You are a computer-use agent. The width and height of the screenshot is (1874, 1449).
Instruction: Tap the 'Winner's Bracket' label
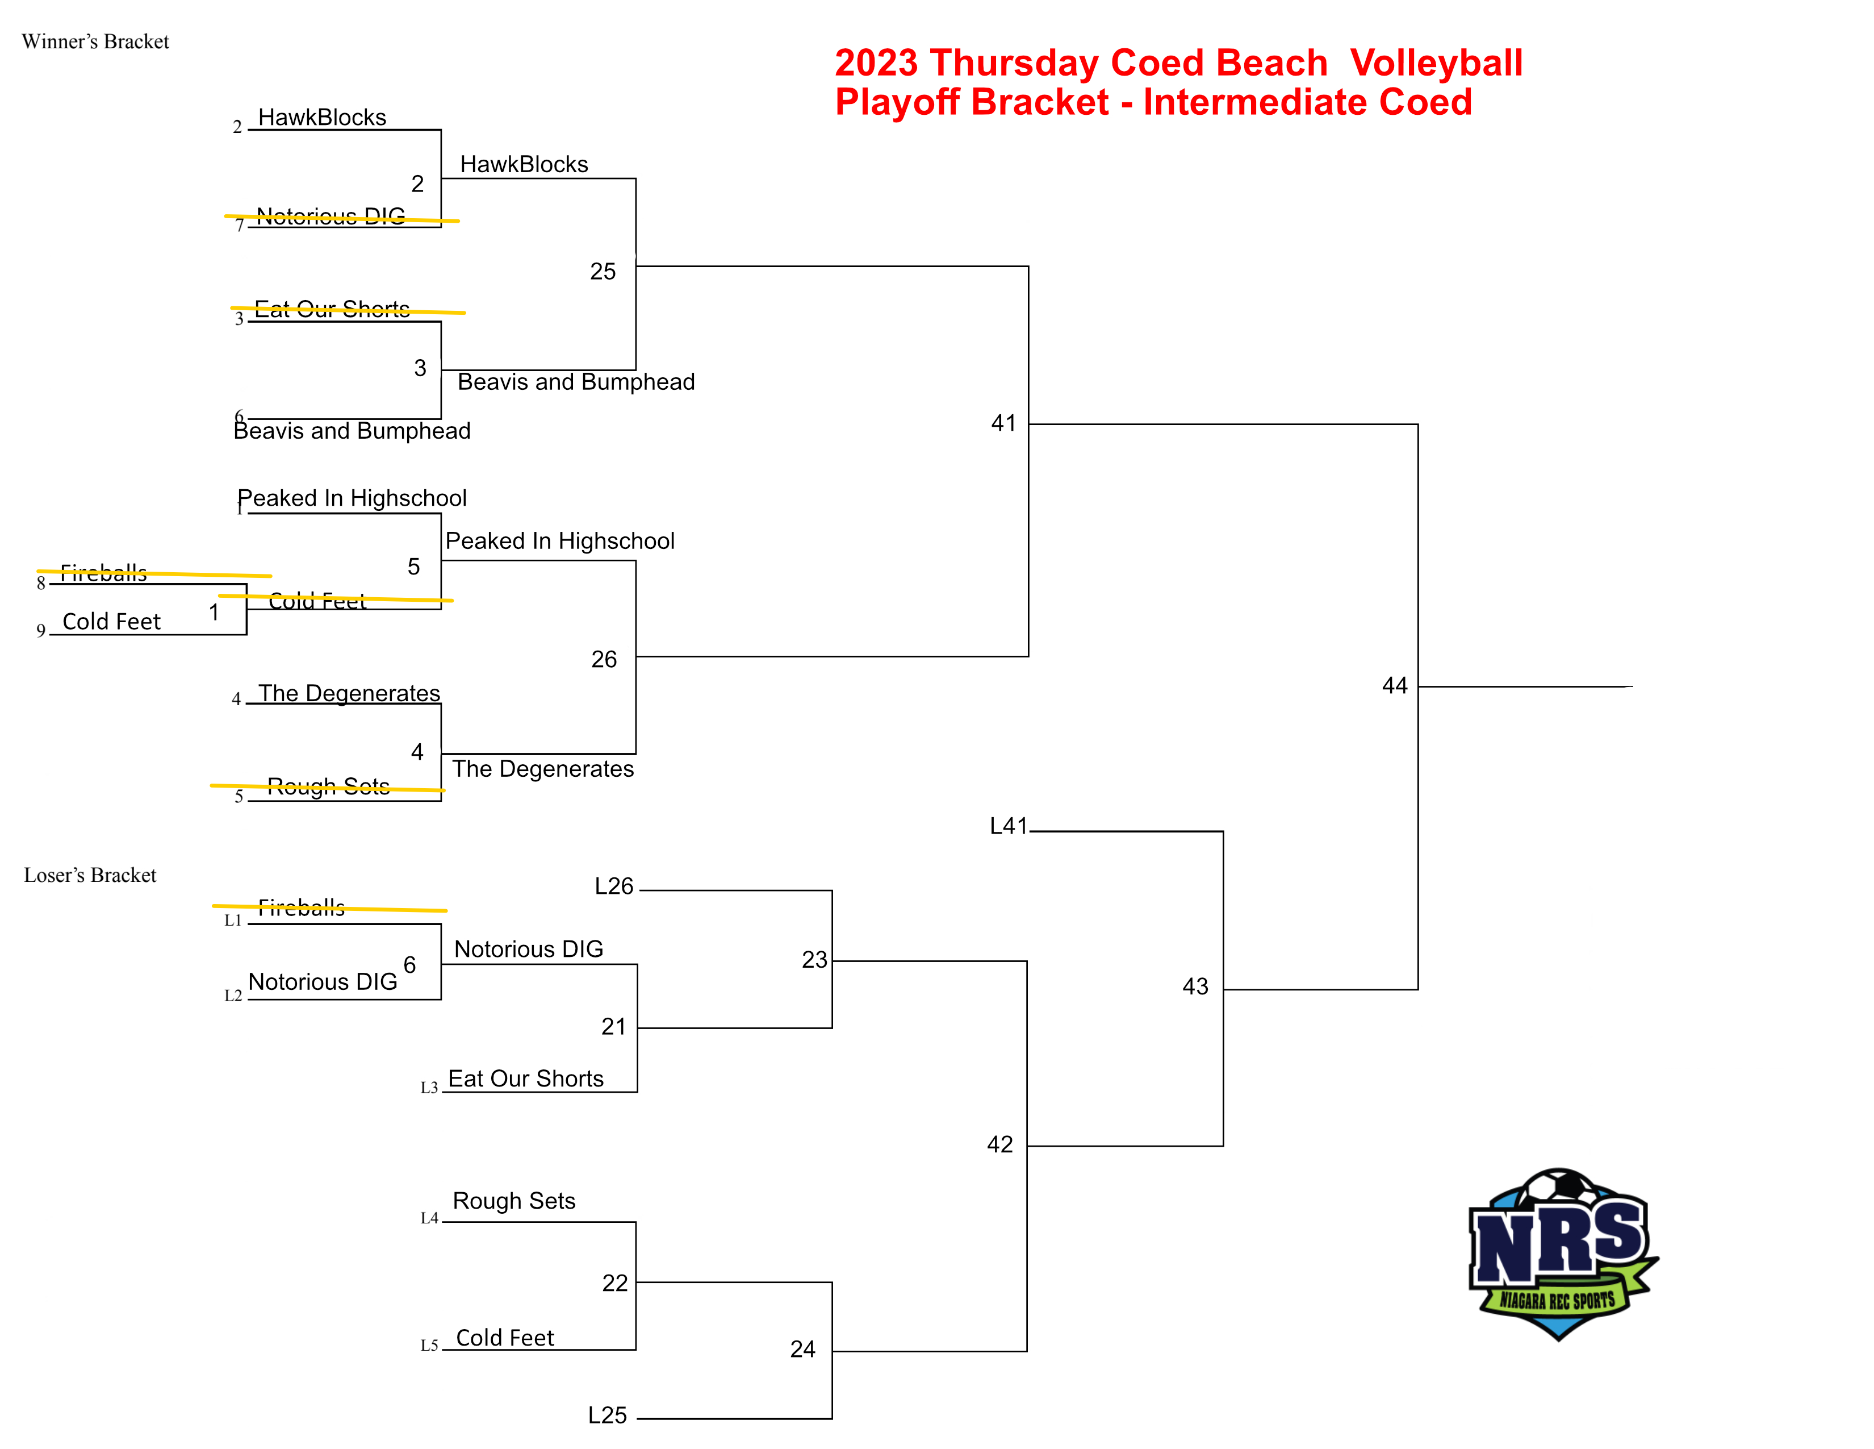[x=95, y=41]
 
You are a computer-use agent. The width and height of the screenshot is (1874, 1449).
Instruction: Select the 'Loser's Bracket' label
[x=90, y=875]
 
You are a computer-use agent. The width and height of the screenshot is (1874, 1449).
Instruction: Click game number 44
[x=1394, y=685]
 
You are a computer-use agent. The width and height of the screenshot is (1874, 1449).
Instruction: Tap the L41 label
[x=1008, y=826]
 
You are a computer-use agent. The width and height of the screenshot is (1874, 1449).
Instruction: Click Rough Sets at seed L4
[x=513, y=1201]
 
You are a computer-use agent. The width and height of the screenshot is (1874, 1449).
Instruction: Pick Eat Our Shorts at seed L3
[x=525, y=1078]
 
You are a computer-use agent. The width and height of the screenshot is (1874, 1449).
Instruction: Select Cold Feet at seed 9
[x=111, y=622]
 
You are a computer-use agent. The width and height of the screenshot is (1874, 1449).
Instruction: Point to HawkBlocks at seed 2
[x=322, y=118]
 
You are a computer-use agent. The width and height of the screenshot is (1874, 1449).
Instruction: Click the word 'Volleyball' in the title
[x=1436, y=63]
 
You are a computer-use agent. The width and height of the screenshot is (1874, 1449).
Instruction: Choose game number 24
[x=802, y=1348]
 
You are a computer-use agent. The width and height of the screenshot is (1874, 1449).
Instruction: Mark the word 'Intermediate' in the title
[x=1256, y=102]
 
